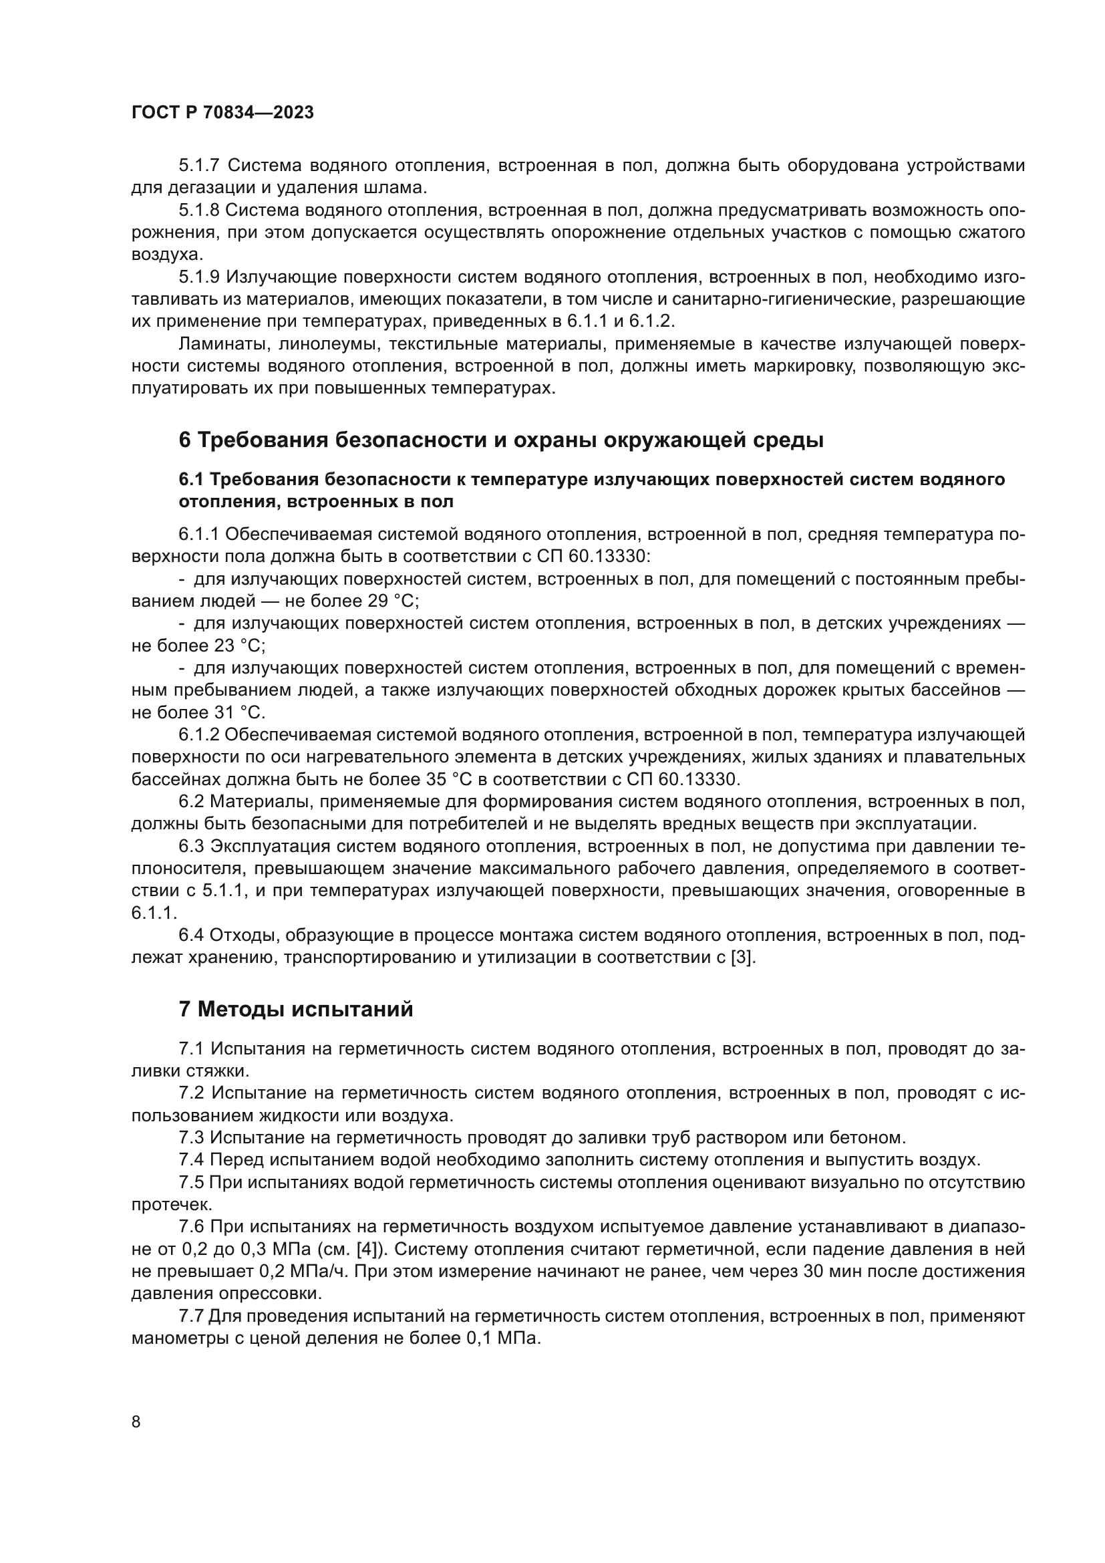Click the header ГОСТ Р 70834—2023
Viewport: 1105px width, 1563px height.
point(222,113)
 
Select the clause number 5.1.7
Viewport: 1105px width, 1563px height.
point(200,166)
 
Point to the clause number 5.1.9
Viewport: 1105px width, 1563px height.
point(200,277)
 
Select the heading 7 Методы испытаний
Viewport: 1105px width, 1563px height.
point(296,1009)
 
